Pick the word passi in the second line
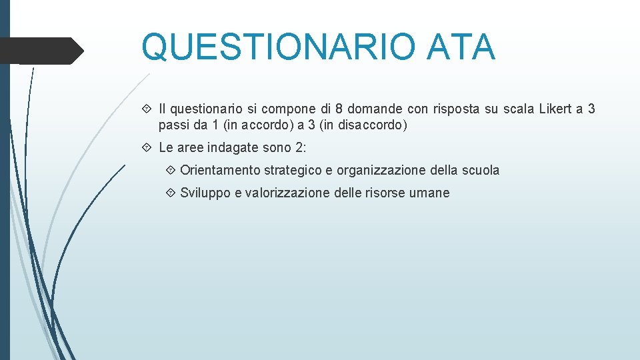[x=173, y=125]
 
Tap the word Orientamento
[x=220, y=170]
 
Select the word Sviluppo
[x=203, y=193]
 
